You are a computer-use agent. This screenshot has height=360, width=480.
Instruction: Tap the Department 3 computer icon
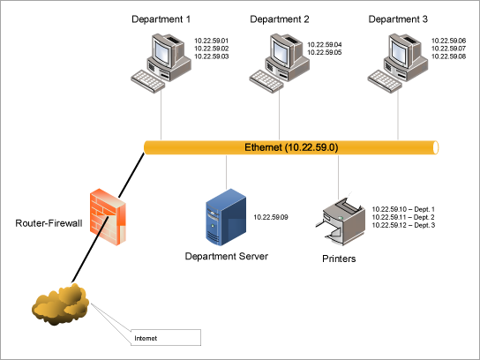398,60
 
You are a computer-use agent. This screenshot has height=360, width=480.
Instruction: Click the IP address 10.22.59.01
212,41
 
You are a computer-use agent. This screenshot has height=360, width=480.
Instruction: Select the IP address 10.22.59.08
448,56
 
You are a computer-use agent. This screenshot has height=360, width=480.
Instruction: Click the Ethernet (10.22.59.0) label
291,146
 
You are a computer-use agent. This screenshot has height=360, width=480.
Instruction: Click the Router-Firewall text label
49,224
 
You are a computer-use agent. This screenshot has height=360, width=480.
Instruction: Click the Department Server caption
226,257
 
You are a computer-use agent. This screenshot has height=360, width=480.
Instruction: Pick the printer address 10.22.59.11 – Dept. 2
404,217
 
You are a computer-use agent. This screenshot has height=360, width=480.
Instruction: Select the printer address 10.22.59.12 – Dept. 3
404,225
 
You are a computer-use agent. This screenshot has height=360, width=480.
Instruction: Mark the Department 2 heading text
279,19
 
